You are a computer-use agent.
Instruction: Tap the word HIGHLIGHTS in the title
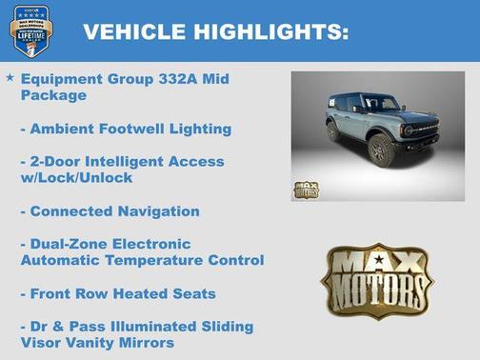click(270, 32)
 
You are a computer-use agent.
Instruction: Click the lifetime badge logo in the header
click(30, 30)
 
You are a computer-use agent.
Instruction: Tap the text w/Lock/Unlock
click(79, 178)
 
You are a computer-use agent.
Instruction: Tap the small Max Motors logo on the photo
click(308, 190)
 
